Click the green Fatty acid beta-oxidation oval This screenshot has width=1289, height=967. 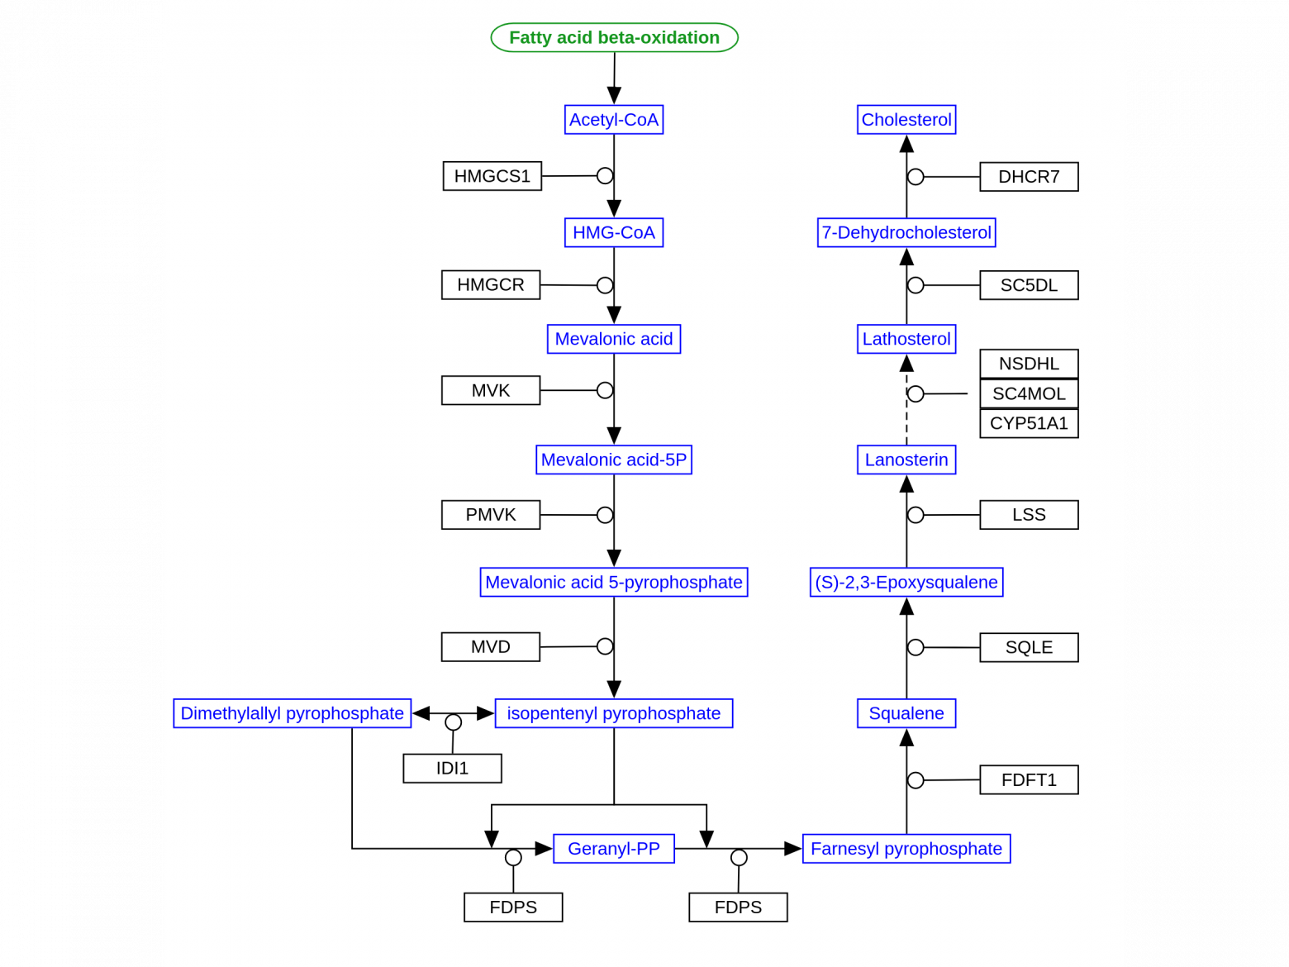point(614,37)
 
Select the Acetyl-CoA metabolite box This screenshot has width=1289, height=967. point(614,119)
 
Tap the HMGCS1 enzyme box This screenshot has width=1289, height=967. point(492,175)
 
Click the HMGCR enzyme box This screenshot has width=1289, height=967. point(490,285)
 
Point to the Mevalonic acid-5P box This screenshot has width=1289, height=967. point(614,460)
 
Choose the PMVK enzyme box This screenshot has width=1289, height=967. point(490,514)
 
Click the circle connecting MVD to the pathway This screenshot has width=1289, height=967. point(604,646)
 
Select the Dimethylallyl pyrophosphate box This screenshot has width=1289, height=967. point(292,712)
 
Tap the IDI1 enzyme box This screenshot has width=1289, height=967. point(452,768)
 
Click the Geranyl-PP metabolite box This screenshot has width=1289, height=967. point(614,849)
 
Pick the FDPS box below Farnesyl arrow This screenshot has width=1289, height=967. point(738,907)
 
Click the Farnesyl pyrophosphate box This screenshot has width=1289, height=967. point(906,849)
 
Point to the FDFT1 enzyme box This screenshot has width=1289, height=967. point(1029,779)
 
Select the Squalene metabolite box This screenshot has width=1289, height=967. point(906,712)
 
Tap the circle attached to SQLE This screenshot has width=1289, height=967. point(916,647)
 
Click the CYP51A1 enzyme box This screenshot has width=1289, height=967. point(1029,422)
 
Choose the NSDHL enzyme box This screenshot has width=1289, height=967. point(1029,364)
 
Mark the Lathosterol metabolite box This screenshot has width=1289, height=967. point(906,339)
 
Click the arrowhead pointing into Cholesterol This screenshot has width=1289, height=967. point(906,144)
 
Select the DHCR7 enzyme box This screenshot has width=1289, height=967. point(1029,176)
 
